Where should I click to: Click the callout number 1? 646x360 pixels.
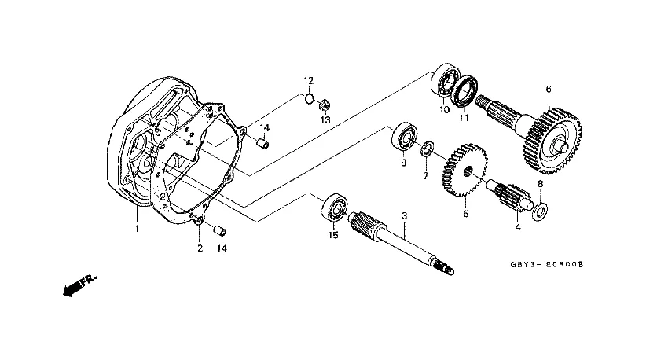[138, 228]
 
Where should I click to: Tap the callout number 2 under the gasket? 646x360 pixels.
[200, 248]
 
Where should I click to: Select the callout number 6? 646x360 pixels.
[549, 89]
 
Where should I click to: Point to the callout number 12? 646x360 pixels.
[309, 80]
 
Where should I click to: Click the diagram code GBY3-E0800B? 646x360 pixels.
[547, 264]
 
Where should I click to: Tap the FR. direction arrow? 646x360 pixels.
[80, 285]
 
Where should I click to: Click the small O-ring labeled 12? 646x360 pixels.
[309, 99]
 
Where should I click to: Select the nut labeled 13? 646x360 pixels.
[325, 105]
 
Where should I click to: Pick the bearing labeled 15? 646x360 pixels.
[334, 208]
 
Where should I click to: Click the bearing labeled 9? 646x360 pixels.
[404, 136]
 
